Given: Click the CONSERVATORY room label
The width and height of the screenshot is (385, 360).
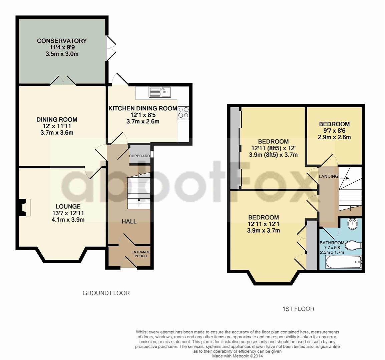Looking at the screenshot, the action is click(x=62, y=41).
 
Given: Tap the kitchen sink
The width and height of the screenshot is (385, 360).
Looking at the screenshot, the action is click(x=160, y=92).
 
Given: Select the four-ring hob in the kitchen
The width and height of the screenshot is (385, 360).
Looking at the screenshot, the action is click(x=183, y=113).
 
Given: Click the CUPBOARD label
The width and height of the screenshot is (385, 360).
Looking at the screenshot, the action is click(x=139, y=156).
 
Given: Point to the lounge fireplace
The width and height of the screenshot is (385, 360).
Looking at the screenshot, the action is click(x=25, y=207).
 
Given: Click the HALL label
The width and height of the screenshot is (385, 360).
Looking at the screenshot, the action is click(x=129, y=221).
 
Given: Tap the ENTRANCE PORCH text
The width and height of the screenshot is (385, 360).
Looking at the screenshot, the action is click(x=141, y=254).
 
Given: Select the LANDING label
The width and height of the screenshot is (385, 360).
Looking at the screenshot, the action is click(x=329, y=176).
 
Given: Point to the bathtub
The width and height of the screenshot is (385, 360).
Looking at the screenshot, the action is click(x=344, y=262).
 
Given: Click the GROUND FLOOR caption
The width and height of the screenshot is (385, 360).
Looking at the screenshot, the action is click(x=106, y=293).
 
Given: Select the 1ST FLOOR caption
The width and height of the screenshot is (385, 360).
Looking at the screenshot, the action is click(x=298, y=309).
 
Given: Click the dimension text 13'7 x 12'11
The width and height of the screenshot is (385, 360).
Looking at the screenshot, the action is click(x=68, y=213).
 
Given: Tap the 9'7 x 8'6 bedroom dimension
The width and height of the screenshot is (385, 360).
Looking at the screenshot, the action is click(x=334, y=131).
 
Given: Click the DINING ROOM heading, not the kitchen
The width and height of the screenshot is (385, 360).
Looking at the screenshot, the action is click(x=57, y=120).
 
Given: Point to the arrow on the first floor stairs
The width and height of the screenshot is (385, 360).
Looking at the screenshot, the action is click(x=346, y=178).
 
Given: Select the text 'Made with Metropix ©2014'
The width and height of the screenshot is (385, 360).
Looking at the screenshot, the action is click(x=238, y=356).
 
